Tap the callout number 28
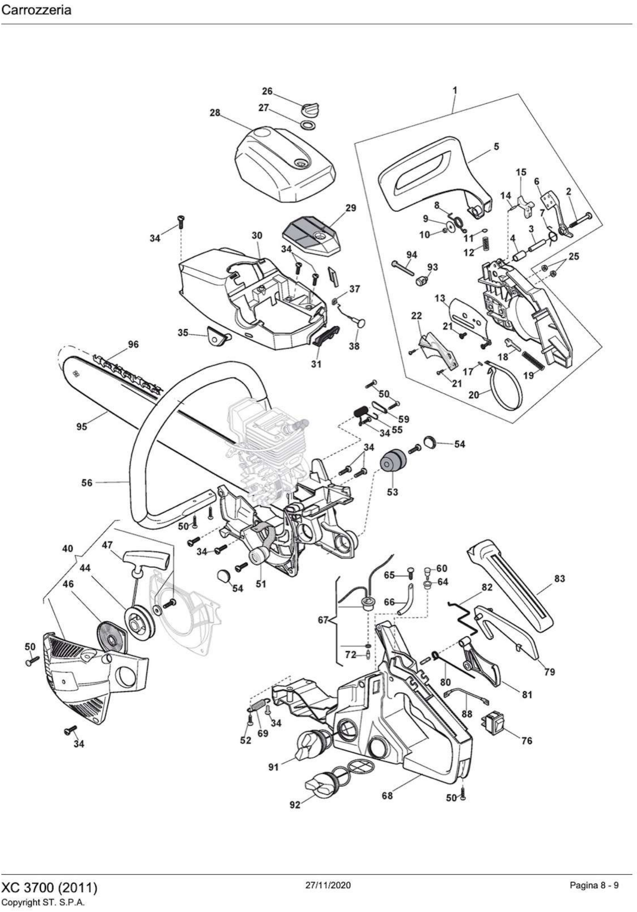pos(215,113)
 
